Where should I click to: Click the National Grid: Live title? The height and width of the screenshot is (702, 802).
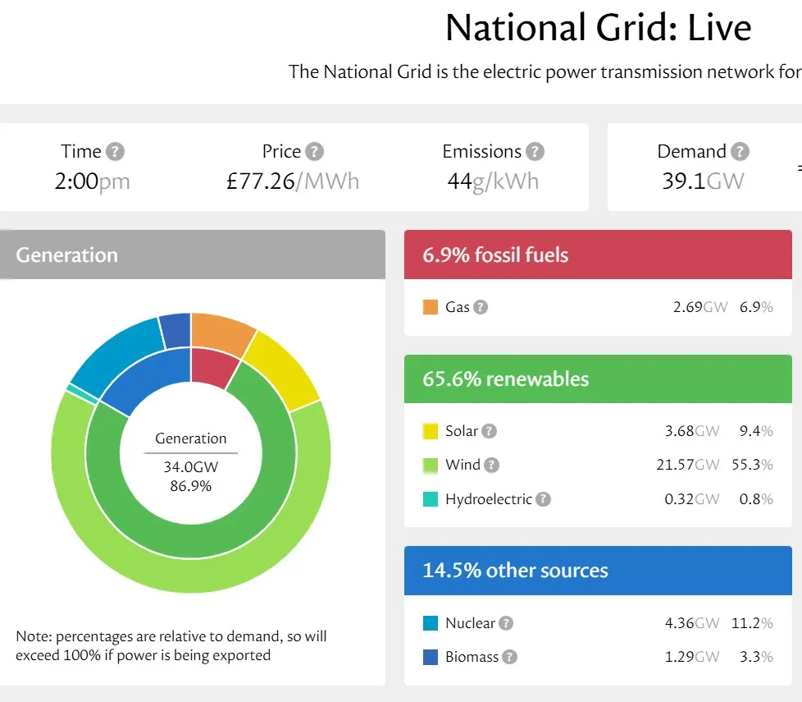598,28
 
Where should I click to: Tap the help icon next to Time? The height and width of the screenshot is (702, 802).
116,152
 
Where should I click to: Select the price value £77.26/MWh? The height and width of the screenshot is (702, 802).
293,181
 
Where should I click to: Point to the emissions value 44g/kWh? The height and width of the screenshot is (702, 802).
492,181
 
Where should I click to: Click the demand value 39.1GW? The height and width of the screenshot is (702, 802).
703,181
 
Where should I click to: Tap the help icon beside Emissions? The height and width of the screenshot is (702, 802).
535,152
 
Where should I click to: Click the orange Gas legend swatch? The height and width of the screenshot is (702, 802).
431,307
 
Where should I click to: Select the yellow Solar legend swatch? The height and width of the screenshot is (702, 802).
431,431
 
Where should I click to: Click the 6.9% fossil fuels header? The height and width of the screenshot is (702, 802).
495,255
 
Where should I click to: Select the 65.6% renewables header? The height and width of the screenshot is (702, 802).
505,379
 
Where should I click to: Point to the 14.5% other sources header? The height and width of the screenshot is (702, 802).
515,571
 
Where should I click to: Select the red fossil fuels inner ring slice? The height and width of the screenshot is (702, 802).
211,367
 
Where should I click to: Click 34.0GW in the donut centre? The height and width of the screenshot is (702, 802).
190,468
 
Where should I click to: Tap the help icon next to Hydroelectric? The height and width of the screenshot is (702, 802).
543,499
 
